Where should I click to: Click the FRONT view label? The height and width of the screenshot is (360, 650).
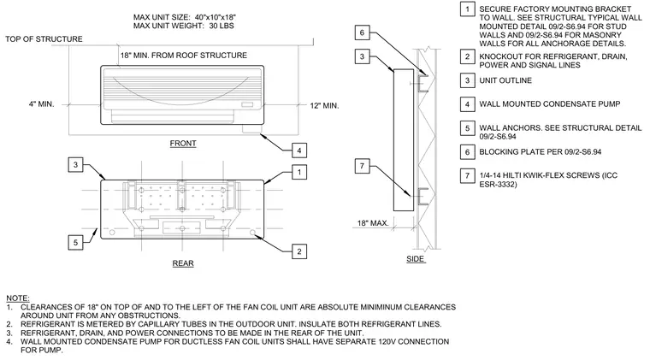[183, 144]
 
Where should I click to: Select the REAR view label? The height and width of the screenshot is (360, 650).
[183, 263]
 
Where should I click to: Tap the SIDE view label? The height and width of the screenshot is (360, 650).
[415, 259]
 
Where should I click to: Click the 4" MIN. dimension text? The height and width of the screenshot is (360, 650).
[41, 104]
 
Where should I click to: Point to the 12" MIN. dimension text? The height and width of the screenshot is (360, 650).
[325, 106]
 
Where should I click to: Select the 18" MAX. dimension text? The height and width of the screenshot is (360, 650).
[373, 223]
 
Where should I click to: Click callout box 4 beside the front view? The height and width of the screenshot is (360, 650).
[299, 150]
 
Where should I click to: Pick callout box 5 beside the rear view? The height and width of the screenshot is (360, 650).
[75, 242]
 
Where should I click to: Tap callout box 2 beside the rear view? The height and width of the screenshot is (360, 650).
[299, 251]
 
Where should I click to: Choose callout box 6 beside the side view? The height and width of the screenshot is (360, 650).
[362, 32]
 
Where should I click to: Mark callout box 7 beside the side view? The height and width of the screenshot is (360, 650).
[362, 166]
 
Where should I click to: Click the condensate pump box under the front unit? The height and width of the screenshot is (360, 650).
[252, 129]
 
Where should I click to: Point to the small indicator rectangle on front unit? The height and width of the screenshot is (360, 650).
[247, 105]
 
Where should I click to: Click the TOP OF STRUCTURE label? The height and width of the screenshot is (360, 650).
[44, 39]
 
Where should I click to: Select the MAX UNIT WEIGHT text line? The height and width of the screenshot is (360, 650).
[184, 26]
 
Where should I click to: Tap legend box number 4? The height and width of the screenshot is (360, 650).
[467, 104]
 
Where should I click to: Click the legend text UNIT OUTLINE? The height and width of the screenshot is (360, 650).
[505, 80]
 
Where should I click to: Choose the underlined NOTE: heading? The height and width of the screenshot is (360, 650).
[18, 298]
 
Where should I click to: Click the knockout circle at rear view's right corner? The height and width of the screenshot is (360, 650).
[253, 233]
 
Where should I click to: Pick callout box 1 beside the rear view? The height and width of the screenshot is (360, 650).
[299, 172]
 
